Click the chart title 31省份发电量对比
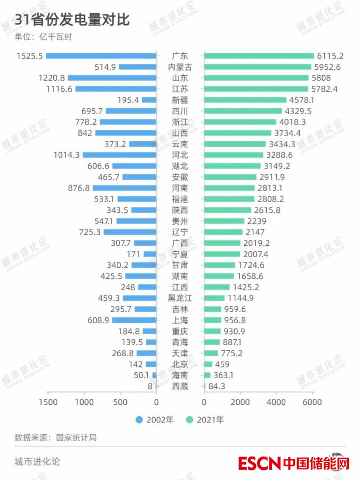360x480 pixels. [73, 20]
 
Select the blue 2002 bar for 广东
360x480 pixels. [101, 56]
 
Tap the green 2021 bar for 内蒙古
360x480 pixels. [257, 67]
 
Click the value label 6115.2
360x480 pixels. [330, 56]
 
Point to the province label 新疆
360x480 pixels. [180, 100]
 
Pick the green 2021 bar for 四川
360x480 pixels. [243, 111]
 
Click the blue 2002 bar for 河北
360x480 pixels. [119, 155]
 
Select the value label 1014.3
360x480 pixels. [67, 155]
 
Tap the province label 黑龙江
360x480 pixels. [180, 298]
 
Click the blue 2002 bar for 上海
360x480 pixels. [134, 320]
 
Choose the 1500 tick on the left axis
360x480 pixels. [48, 402]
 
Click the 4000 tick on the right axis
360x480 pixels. [276, 402]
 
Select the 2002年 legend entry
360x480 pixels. [155, 420]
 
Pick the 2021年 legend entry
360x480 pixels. [205, 420]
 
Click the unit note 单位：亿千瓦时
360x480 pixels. [43, 37]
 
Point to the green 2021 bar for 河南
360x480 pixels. [229, 188]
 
